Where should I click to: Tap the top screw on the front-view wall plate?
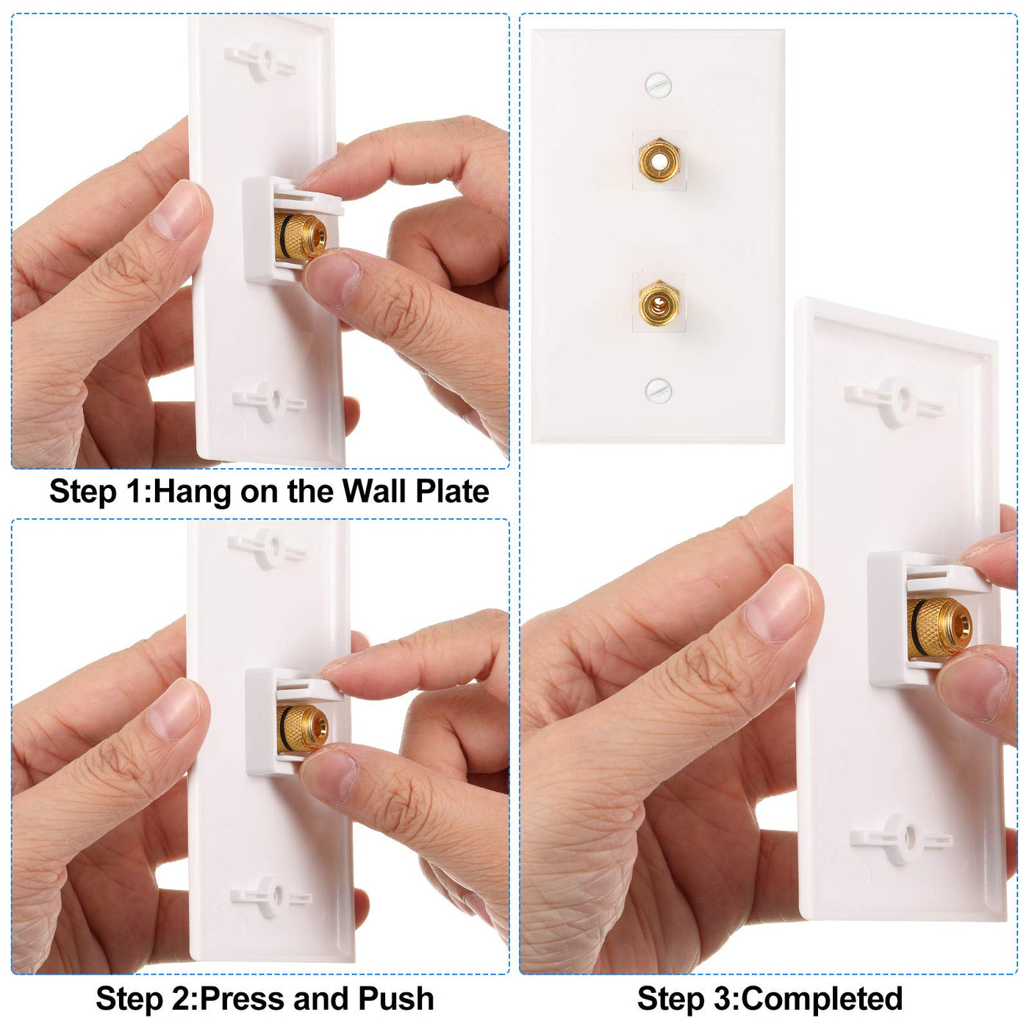click(x=658, y=85)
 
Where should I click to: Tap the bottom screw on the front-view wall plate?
click(x=658, y=390)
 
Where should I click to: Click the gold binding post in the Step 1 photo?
click(x=300, y=237)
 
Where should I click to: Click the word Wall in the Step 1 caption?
click(x=374, y=491)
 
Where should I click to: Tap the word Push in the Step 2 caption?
click(x=395, y=998)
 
